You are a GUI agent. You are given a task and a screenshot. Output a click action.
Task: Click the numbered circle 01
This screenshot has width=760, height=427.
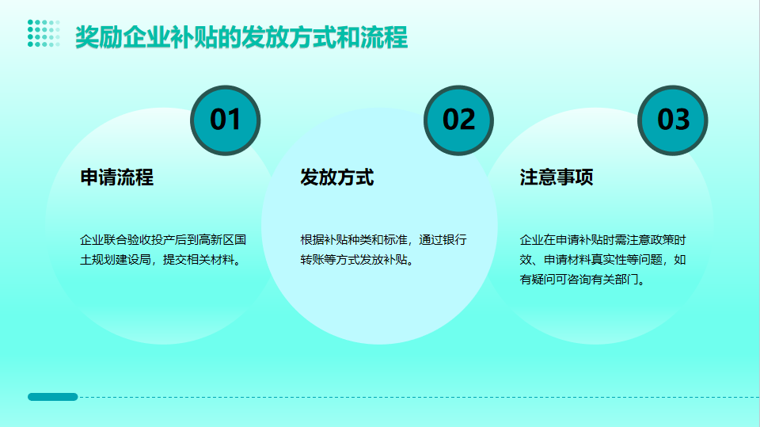point(226,120)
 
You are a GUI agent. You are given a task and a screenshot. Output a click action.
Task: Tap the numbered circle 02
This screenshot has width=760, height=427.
point(458,120)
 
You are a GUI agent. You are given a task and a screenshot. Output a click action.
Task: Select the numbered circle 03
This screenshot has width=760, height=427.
point(673,120)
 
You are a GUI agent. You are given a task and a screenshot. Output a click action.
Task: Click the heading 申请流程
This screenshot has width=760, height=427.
point(117,177)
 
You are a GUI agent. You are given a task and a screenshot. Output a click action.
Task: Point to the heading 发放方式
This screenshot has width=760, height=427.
point(337,177)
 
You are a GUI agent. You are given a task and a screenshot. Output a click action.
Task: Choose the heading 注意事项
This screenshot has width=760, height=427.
point(557,177)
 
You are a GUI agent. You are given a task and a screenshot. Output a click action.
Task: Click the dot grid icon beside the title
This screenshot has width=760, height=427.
point(44,33)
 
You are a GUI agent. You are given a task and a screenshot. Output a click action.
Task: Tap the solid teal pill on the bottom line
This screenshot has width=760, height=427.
point(53,397)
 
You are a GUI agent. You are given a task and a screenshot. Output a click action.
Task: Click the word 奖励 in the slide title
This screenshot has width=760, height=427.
point(98,37)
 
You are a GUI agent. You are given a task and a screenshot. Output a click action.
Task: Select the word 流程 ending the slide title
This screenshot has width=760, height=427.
point(384,37)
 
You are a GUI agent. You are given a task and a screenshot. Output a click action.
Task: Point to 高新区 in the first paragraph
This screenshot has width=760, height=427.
point(217,240)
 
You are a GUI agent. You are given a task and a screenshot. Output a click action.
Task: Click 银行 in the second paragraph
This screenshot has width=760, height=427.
point(455,240)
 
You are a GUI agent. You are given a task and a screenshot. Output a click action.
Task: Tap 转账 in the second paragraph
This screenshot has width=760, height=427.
point(312,260)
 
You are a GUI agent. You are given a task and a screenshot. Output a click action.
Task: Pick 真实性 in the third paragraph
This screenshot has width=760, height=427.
point(608,260)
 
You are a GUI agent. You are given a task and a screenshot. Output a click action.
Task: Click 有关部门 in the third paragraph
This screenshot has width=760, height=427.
point(615,280)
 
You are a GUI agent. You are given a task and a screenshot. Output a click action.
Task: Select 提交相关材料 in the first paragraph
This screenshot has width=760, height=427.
point(199,260)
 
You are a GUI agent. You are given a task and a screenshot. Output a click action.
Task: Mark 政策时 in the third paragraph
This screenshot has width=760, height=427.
point(668,240)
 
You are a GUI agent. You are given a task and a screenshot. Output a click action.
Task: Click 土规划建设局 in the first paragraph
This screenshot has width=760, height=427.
point(116,260)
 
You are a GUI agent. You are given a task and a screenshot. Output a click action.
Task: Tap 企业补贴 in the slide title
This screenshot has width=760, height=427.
point(169,37)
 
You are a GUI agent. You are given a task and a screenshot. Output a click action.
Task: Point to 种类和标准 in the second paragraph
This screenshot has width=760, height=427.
point(378,240)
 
